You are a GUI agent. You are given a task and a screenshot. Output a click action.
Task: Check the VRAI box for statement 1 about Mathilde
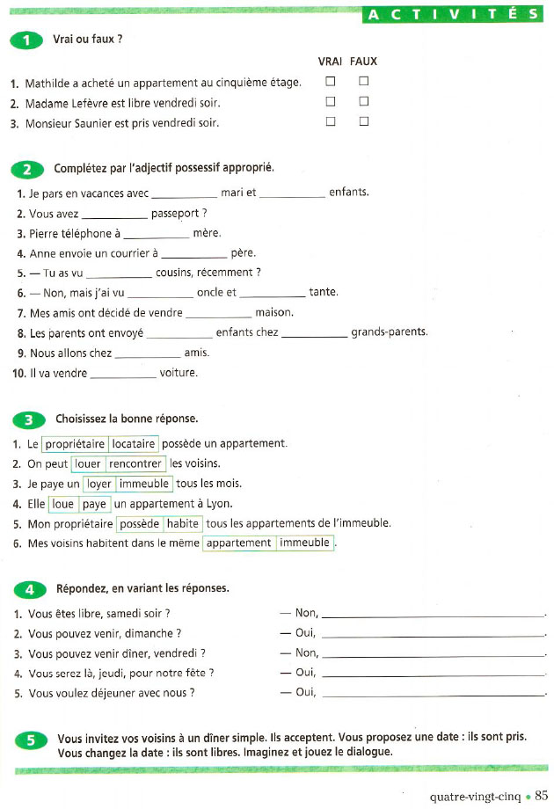[331, 82]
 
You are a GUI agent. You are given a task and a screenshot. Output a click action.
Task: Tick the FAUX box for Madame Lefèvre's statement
[363, 102]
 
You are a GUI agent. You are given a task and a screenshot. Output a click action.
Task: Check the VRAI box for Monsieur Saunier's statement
[331, 122]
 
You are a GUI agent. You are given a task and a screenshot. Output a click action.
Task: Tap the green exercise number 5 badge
[30, 740]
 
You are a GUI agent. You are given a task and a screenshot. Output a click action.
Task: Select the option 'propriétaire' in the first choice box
[75, 444]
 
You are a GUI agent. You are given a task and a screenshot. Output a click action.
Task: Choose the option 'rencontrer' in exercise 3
[135, 463]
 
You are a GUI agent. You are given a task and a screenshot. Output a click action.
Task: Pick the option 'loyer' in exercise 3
[99, 484]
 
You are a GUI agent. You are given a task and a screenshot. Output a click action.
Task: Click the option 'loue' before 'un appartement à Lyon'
[62, 504]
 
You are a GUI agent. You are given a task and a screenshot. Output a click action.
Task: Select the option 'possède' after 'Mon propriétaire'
[140, 524]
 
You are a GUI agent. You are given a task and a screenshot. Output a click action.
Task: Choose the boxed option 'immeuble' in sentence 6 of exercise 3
[304, 543]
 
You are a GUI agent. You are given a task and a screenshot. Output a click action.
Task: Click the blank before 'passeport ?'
[114, 214]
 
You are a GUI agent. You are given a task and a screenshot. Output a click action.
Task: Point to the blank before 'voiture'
[123, 374]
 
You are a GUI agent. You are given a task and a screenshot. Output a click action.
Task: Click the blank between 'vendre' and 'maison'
[219, 313]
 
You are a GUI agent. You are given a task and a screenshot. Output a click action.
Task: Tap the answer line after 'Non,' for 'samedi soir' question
[434, 614]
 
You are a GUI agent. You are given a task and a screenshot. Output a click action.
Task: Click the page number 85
[541, 796]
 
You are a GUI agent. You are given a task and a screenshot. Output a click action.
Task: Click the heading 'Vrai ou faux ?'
[88, 40]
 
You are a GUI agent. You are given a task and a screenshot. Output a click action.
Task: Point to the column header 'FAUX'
[363, 62]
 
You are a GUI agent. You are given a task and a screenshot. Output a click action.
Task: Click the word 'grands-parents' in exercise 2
[389, 332]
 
